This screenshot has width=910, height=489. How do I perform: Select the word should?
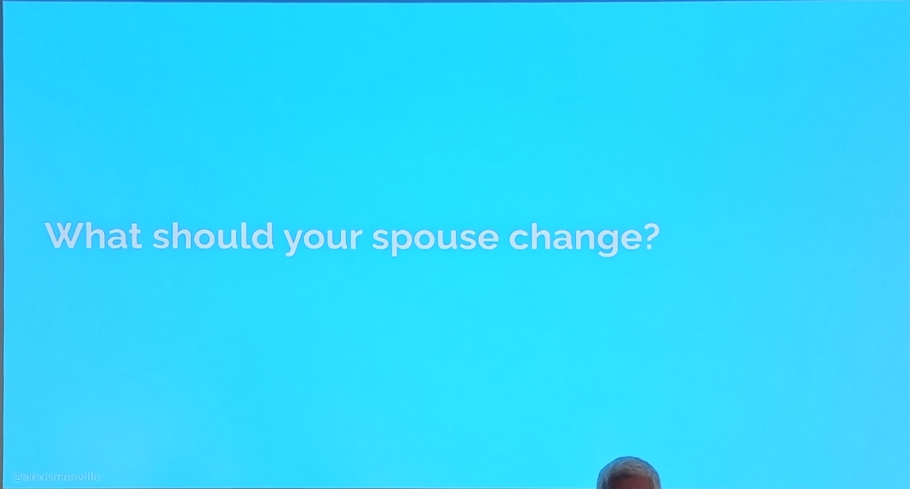point(213,235)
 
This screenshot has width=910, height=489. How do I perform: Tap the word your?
point(323,240)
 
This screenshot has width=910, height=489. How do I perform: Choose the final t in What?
point(135,237)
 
